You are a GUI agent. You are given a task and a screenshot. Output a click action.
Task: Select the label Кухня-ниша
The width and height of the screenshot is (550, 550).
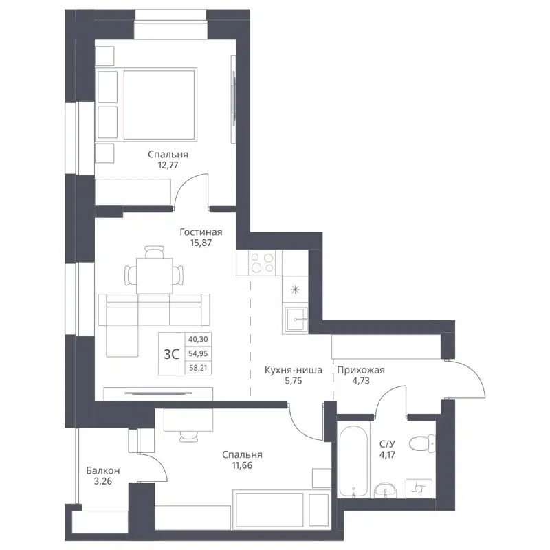(293, 371)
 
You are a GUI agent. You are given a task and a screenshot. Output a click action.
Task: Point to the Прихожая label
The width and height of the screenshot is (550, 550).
(360, 371)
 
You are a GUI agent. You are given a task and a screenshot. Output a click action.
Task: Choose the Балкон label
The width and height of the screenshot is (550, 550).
(103, 471)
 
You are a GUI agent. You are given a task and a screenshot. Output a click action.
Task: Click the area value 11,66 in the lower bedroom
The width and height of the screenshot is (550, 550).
(242, 466)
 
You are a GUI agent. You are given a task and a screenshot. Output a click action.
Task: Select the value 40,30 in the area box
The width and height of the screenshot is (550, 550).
(198, 339)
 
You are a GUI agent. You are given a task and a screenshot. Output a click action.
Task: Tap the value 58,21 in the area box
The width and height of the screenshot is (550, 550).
(198, 368)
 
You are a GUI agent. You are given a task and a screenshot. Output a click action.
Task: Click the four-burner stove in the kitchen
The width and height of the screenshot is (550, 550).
(262, 263)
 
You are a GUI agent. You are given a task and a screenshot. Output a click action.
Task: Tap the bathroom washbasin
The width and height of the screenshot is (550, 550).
(385, 489)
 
